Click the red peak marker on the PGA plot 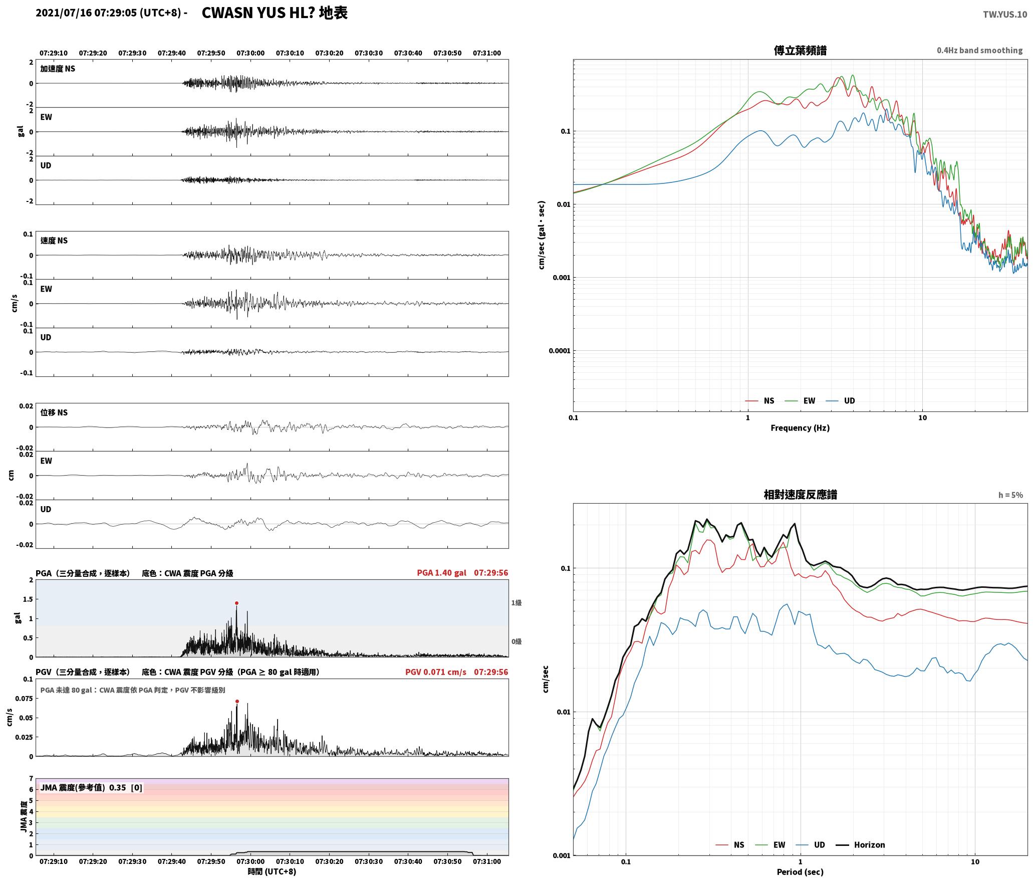(236, 603)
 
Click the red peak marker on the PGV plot (237, 702)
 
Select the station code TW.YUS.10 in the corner (1005, 15)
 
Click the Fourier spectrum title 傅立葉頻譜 (800, 51)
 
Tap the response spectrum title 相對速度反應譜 (800, 495)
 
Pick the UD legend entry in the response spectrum (810, 845)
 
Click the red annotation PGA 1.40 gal (441, 573)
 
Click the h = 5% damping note (1010, 495)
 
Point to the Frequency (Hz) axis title (800, 428)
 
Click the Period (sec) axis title (800, 872)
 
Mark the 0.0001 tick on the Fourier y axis (559, 351)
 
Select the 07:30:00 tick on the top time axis (250, 53)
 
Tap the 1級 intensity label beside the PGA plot (516, 603)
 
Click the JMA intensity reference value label (91, 788)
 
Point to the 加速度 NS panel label (58, 69)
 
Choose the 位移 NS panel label (54, 413)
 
